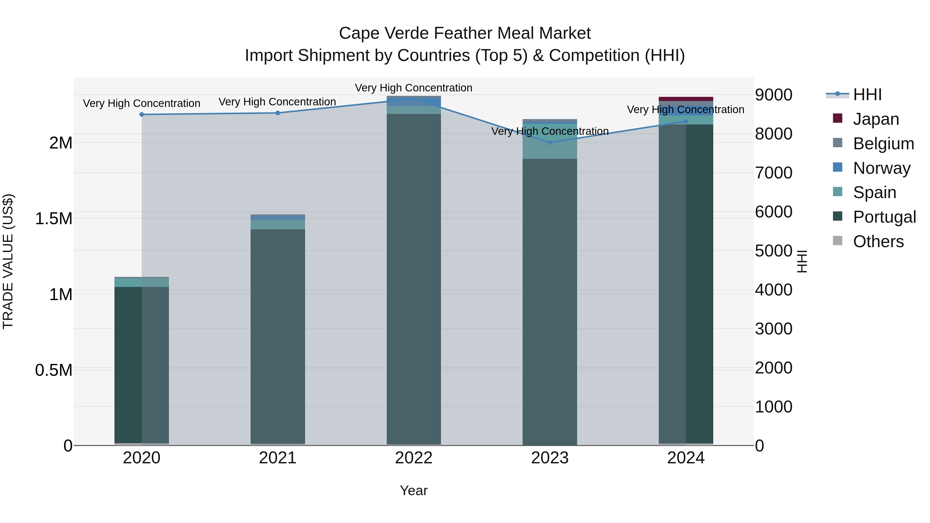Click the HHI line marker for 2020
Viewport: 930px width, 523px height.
[x=142, y=114]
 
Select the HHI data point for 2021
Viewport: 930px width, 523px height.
[x=278, y=113]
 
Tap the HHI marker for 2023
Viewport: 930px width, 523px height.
[x=550, y=143]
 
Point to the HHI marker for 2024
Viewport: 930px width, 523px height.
[x=686, y=121]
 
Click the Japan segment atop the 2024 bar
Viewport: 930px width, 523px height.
[x=686, y=99]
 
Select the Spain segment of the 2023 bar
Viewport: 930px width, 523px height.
[x=550, y=142]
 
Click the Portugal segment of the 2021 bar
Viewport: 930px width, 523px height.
[x=278, y=336]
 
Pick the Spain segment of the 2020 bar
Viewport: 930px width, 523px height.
[x=142, y=282]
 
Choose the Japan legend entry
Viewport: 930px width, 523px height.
[x=875, y=119]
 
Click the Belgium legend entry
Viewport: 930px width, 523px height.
[x=883, y=144]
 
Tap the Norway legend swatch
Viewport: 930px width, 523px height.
[x=838, y=167]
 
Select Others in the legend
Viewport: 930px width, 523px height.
[x=878, y=241]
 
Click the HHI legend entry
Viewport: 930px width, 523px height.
[x=867, y=95]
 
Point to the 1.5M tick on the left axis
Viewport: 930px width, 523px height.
[x=54, y=219]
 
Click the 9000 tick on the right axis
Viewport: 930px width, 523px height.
[x=773, y=95]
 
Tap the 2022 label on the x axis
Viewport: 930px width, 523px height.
[x=414, y=458]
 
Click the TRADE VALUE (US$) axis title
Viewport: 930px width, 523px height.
[x=8, y=261]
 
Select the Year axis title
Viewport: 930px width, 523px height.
[x=414, y=490]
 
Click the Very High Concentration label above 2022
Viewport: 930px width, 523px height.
[x=414, y=88]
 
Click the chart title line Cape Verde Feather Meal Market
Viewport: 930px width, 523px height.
[x=465, y=33]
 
